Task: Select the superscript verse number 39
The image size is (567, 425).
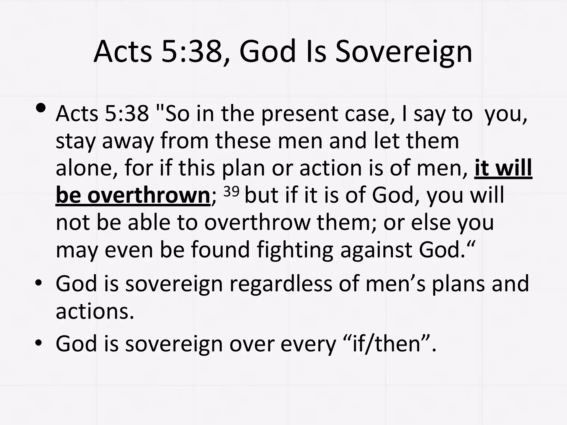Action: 231,191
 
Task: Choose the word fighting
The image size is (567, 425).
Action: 295,250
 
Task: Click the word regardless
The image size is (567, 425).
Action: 281,284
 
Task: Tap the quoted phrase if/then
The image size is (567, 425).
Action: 387,344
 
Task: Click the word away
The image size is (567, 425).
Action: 128,141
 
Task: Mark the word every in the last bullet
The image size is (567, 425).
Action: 308,344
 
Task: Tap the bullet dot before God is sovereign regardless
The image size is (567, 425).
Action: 38,283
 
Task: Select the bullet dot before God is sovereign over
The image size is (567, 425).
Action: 38,343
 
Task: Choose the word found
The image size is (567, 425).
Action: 220,250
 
